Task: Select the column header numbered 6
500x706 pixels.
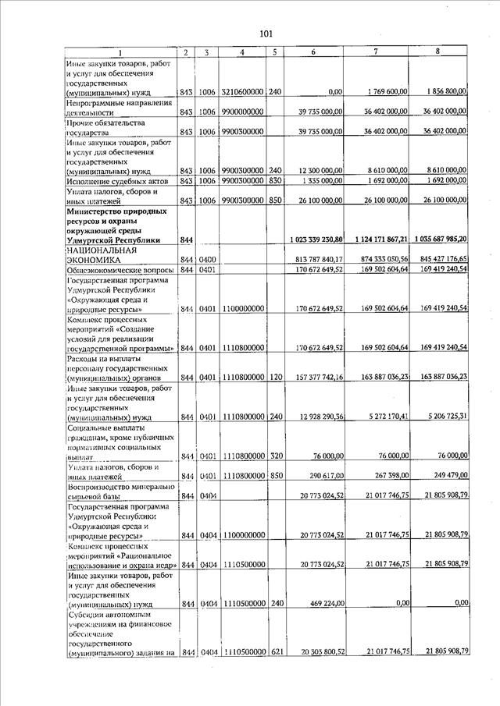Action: click(312, 52)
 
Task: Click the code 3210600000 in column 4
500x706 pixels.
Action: click(242, 92)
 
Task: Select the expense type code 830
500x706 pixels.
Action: click(274, 182)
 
